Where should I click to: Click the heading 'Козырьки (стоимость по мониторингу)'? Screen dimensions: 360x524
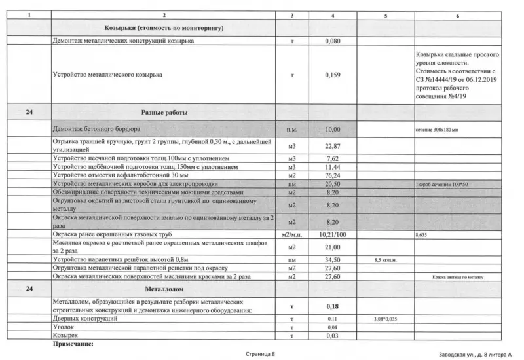[x=164, y=29]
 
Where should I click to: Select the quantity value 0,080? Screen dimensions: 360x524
[x=333, y=41]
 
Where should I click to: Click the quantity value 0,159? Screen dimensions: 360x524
[x=333, y=75]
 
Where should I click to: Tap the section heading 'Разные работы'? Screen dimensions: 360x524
[x=164, y=112]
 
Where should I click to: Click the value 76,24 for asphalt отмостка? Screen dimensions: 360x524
[x=333, y=175]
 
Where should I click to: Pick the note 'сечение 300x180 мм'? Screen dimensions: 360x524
[x=438, y=130]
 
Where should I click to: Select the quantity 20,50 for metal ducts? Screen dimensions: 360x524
[x=333, y=185]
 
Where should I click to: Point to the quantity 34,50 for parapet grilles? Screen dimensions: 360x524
[x=333, y=259]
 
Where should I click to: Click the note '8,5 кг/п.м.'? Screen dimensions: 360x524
[x=386, y=260]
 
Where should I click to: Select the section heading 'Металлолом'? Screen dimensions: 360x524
[x=164, y=288]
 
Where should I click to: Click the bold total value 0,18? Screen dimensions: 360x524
[x=333, y=305]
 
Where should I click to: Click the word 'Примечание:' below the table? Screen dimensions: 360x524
[x=73, y=342]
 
